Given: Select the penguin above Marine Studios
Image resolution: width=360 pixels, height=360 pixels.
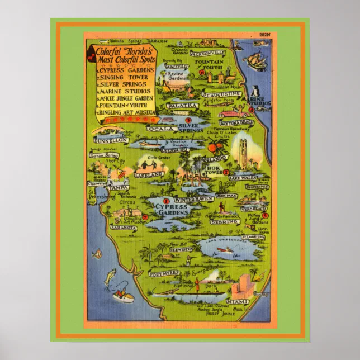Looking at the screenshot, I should click(254, 91).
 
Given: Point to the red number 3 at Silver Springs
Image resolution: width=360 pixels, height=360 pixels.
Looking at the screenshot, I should click(188, 120).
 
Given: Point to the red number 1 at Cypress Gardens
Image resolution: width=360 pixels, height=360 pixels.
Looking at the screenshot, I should click(166, 200).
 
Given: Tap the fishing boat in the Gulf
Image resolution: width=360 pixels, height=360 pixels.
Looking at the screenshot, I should click(123, 295).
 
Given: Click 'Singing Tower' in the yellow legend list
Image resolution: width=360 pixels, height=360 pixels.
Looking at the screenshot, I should click(126, 77).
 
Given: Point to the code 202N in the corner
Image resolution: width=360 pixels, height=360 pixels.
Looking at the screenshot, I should click(264, 35).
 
